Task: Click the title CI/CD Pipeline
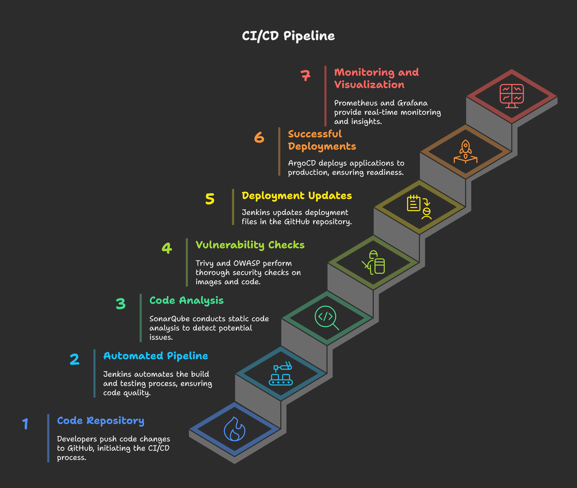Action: [288, 36]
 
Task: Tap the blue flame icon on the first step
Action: [234, 429]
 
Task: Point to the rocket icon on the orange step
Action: [466, 151]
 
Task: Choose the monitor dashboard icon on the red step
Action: [512, 96]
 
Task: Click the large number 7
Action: [305, 75]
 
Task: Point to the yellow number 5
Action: [210, 199]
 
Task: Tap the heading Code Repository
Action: [101, 421]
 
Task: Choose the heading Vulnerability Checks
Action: [250, 245]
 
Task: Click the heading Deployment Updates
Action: [297, 196]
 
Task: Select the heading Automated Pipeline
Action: [156, 356]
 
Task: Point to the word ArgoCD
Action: [302, 163]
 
